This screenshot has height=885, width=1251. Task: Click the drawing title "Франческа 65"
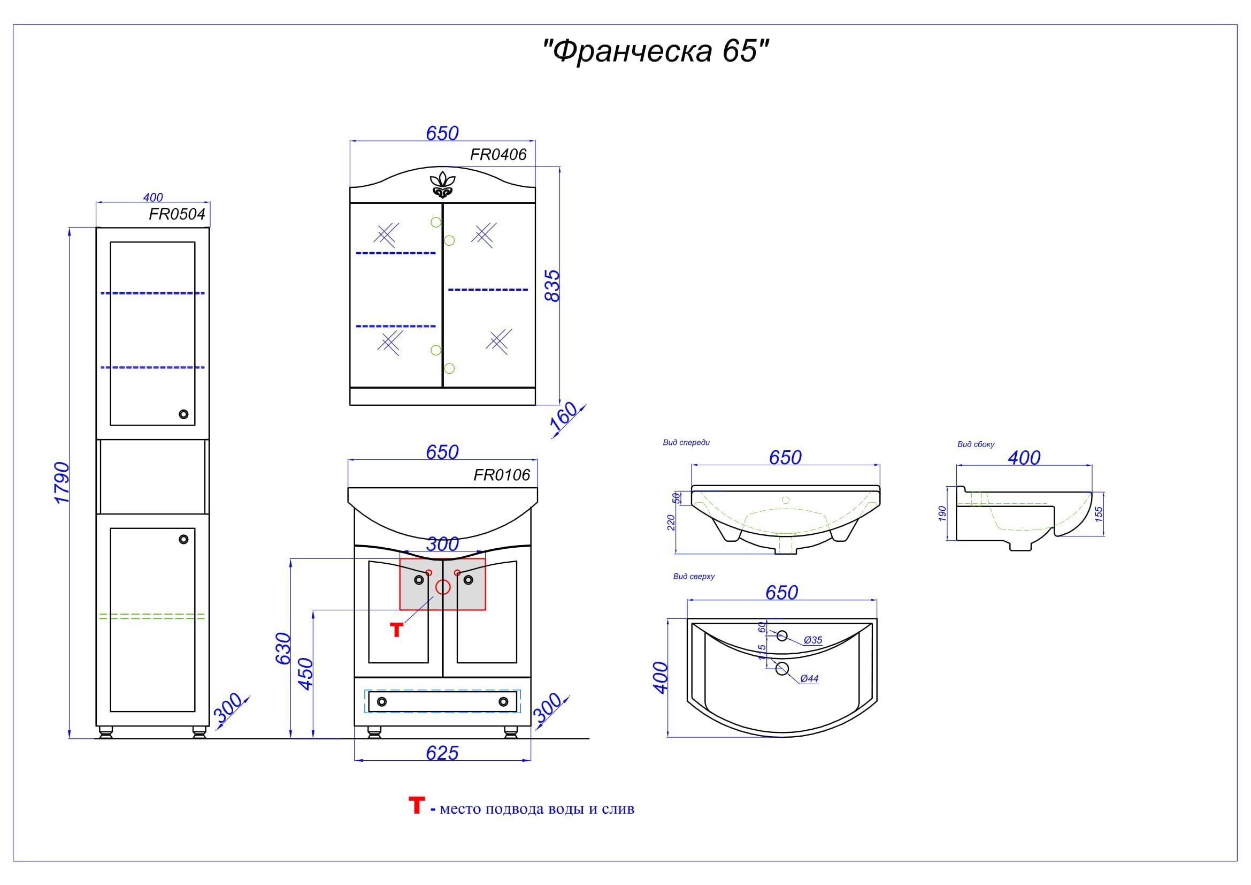pos(656,51)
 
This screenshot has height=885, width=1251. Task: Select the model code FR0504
pos(177,214)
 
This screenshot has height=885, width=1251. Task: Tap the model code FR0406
pos(498,155)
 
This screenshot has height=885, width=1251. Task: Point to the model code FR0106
pos(502,475)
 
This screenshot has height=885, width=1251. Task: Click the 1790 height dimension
pos(62,483)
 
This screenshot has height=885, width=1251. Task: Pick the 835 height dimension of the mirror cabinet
pos(552,286)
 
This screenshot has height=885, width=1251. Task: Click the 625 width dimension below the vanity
pos(442,753)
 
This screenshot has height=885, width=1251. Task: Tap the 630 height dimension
pos(283,648)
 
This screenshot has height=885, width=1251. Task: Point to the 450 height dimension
pos(306,674)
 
